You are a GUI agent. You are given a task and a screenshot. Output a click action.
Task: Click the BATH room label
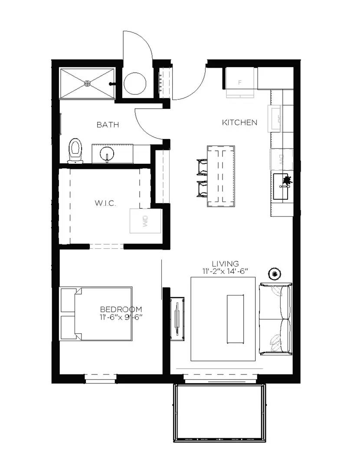(108, 125)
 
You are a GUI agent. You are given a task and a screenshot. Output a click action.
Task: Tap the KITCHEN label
(239, 123)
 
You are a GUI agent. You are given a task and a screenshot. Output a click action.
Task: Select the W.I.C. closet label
(105, 203)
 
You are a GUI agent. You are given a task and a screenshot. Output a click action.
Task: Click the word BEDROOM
(121, 309)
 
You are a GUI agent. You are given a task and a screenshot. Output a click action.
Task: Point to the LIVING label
(225, 263)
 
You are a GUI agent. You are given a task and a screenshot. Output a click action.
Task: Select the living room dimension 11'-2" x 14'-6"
(225, 271)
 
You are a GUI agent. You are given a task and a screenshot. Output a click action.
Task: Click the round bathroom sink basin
(107, 154)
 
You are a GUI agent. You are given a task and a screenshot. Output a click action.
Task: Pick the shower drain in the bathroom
(88, 83)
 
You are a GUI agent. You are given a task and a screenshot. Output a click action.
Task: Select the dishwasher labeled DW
(281, 159)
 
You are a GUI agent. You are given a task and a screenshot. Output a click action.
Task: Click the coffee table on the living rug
(235, 318)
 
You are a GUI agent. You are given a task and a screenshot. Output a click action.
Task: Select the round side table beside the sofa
(275, 274)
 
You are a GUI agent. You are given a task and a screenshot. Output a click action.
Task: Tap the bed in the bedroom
(96, 313)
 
